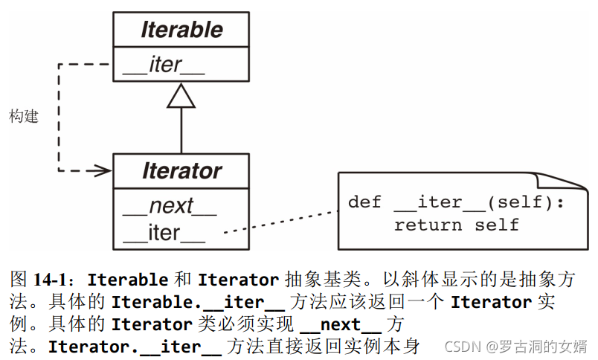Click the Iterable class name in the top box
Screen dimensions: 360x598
(181, 30)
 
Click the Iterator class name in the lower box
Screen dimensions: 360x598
(181, 172)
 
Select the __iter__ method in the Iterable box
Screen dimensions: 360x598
(164, 65)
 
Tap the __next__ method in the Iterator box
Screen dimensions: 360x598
(170, 205)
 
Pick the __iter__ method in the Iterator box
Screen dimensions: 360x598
(164, 233)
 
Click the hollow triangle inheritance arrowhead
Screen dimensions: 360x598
(181, 96)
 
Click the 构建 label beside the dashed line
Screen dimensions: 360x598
(24, 117)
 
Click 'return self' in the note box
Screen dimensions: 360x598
(457, 225)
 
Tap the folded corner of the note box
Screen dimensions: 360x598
(555, 183)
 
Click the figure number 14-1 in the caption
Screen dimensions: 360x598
(54, 280)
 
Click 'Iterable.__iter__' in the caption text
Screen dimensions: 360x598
(198, 303)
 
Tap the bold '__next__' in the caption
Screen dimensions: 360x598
(340, 324)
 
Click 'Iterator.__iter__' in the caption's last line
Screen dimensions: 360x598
(135, 347)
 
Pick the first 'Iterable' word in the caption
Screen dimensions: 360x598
(127, 280)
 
